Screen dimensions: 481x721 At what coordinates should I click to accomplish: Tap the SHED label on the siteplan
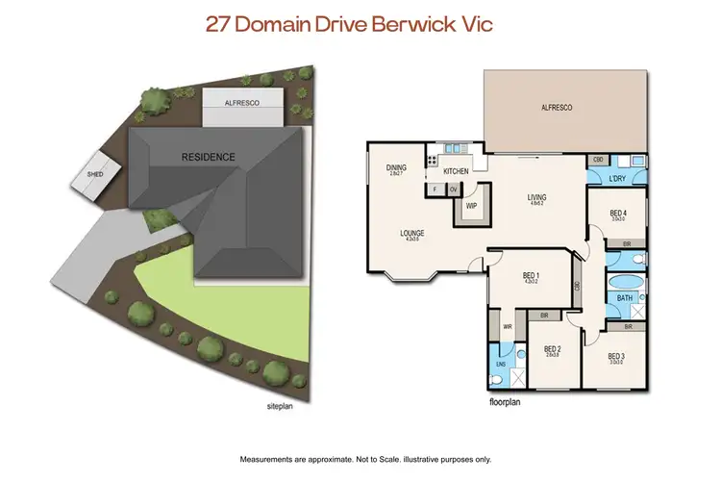96,174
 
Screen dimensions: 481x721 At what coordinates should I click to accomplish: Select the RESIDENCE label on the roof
209,156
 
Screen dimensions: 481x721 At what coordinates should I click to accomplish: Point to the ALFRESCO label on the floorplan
558,108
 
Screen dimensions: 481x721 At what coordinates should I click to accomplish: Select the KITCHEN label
457,170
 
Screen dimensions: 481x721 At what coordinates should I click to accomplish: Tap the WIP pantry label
471,205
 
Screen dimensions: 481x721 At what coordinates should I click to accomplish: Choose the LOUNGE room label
412,234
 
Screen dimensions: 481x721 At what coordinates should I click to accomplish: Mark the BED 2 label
552,349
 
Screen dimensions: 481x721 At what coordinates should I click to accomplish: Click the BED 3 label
617,356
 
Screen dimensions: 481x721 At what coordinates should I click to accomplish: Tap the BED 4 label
618,214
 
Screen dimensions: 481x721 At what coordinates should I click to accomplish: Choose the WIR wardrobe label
508,327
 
